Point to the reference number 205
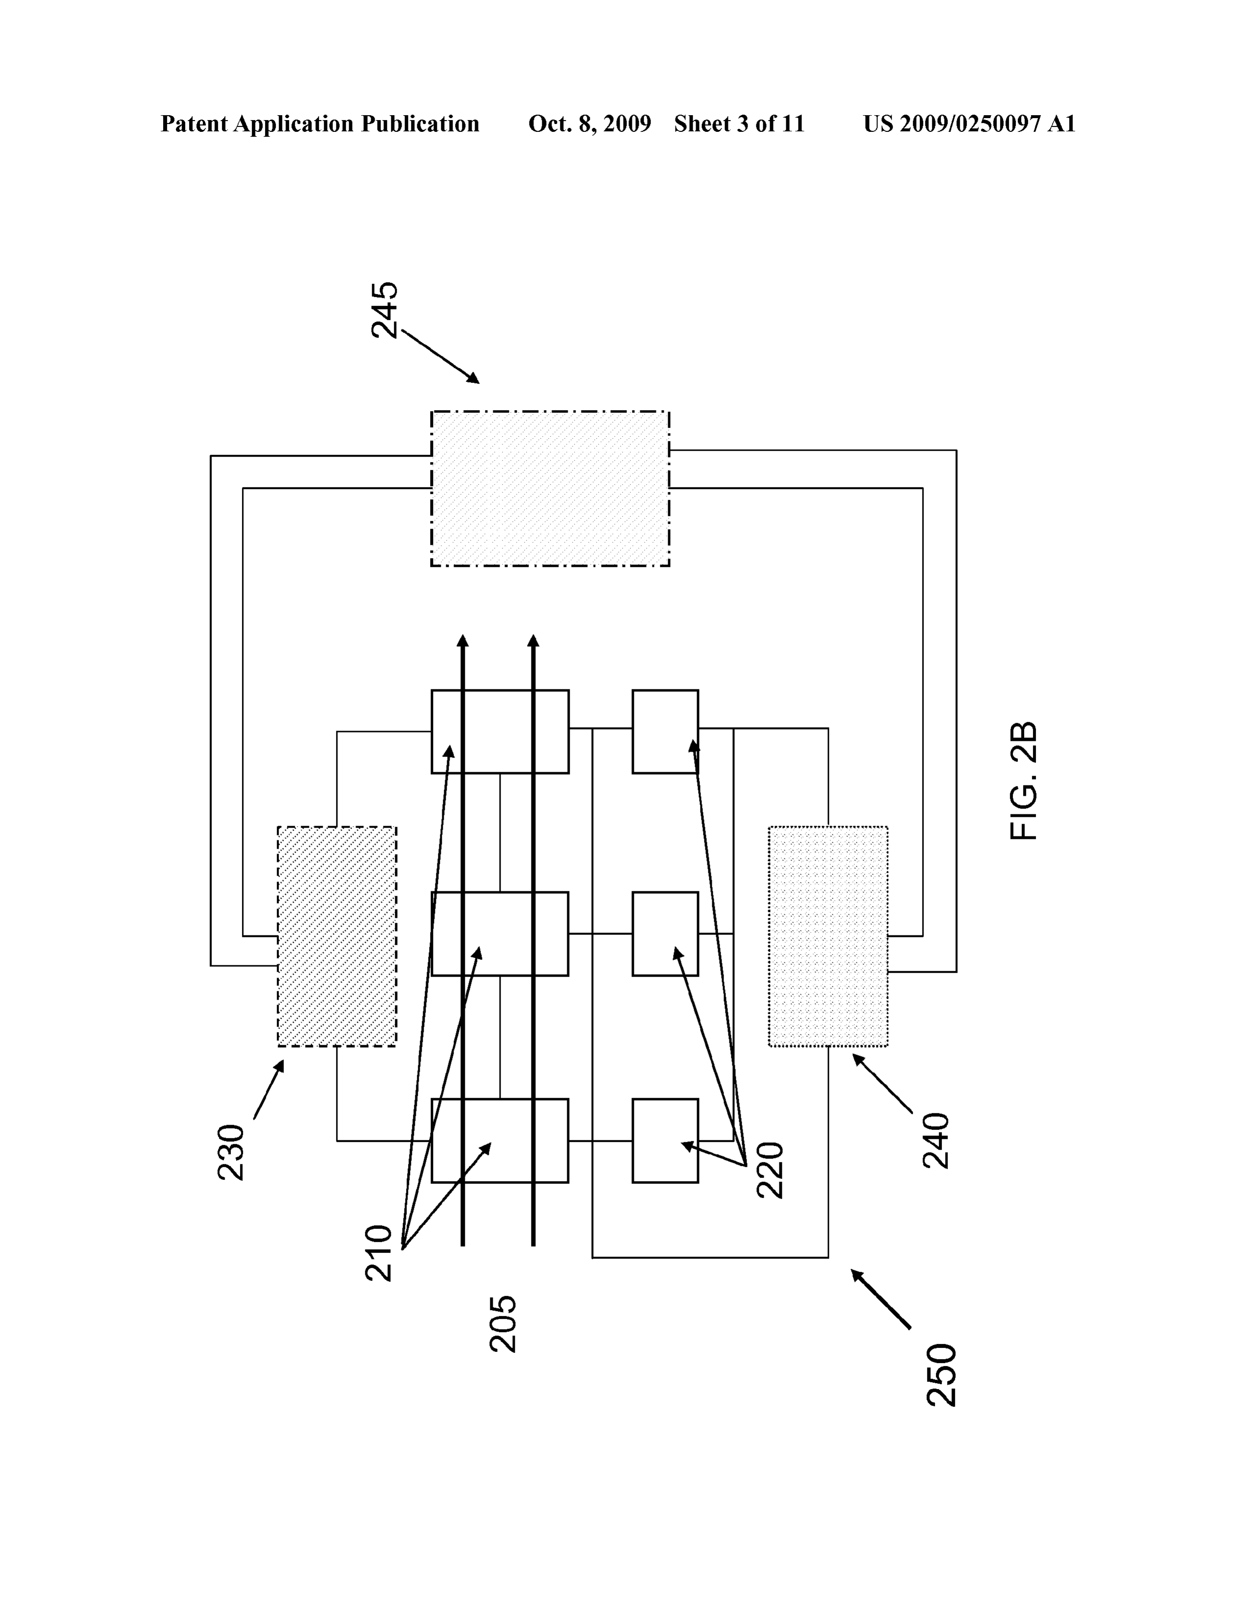[x=504, y=1324]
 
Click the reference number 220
[x=770, y=1170]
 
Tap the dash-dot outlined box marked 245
[x=550, y=489]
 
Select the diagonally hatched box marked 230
[x=337, y=936]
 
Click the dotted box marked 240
[x=828, y=936]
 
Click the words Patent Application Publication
[x=320, y=123]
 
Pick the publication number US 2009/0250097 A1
[x=969, y=123]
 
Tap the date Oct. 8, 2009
[x=589, y=123]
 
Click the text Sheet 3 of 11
[x=739, y=123]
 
